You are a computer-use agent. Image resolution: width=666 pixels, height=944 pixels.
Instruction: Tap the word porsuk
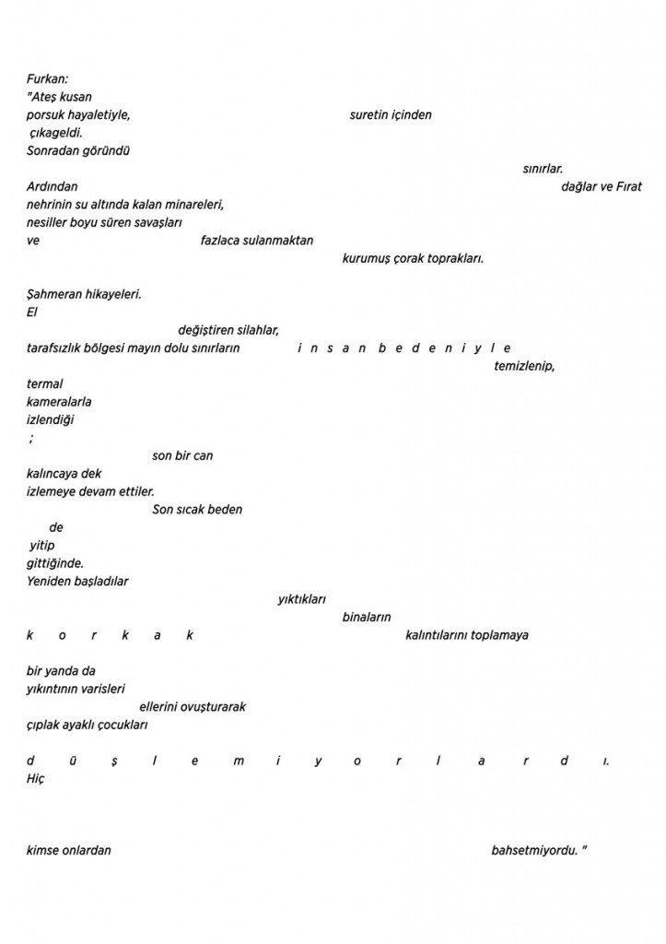pos(44,115)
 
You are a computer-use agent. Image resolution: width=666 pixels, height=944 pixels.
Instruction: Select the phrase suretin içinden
pos(391,115)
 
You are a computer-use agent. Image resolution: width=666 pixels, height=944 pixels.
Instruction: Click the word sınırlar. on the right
pos(543,169)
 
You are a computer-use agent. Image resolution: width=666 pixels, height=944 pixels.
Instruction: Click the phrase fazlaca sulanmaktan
pos(257,241)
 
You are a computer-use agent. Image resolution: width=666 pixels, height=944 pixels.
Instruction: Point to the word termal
pos(45,383)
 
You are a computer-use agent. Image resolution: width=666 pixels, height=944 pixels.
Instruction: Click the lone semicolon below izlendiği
pos(31,440)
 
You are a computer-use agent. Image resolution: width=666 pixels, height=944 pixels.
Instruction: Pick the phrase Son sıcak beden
pos(197,509)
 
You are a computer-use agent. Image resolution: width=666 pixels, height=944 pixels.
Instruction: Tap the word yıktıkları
pos(302,599)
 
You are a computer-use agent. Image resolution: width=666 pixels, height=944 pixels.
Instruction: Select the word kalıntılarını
pos(437,635)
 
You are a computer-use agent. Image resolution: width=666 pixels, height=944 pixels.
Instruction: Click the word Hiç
pos(36,778)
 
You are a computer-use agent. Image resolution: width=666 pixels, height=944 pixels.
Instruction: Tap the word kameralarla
pos(59,402)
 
